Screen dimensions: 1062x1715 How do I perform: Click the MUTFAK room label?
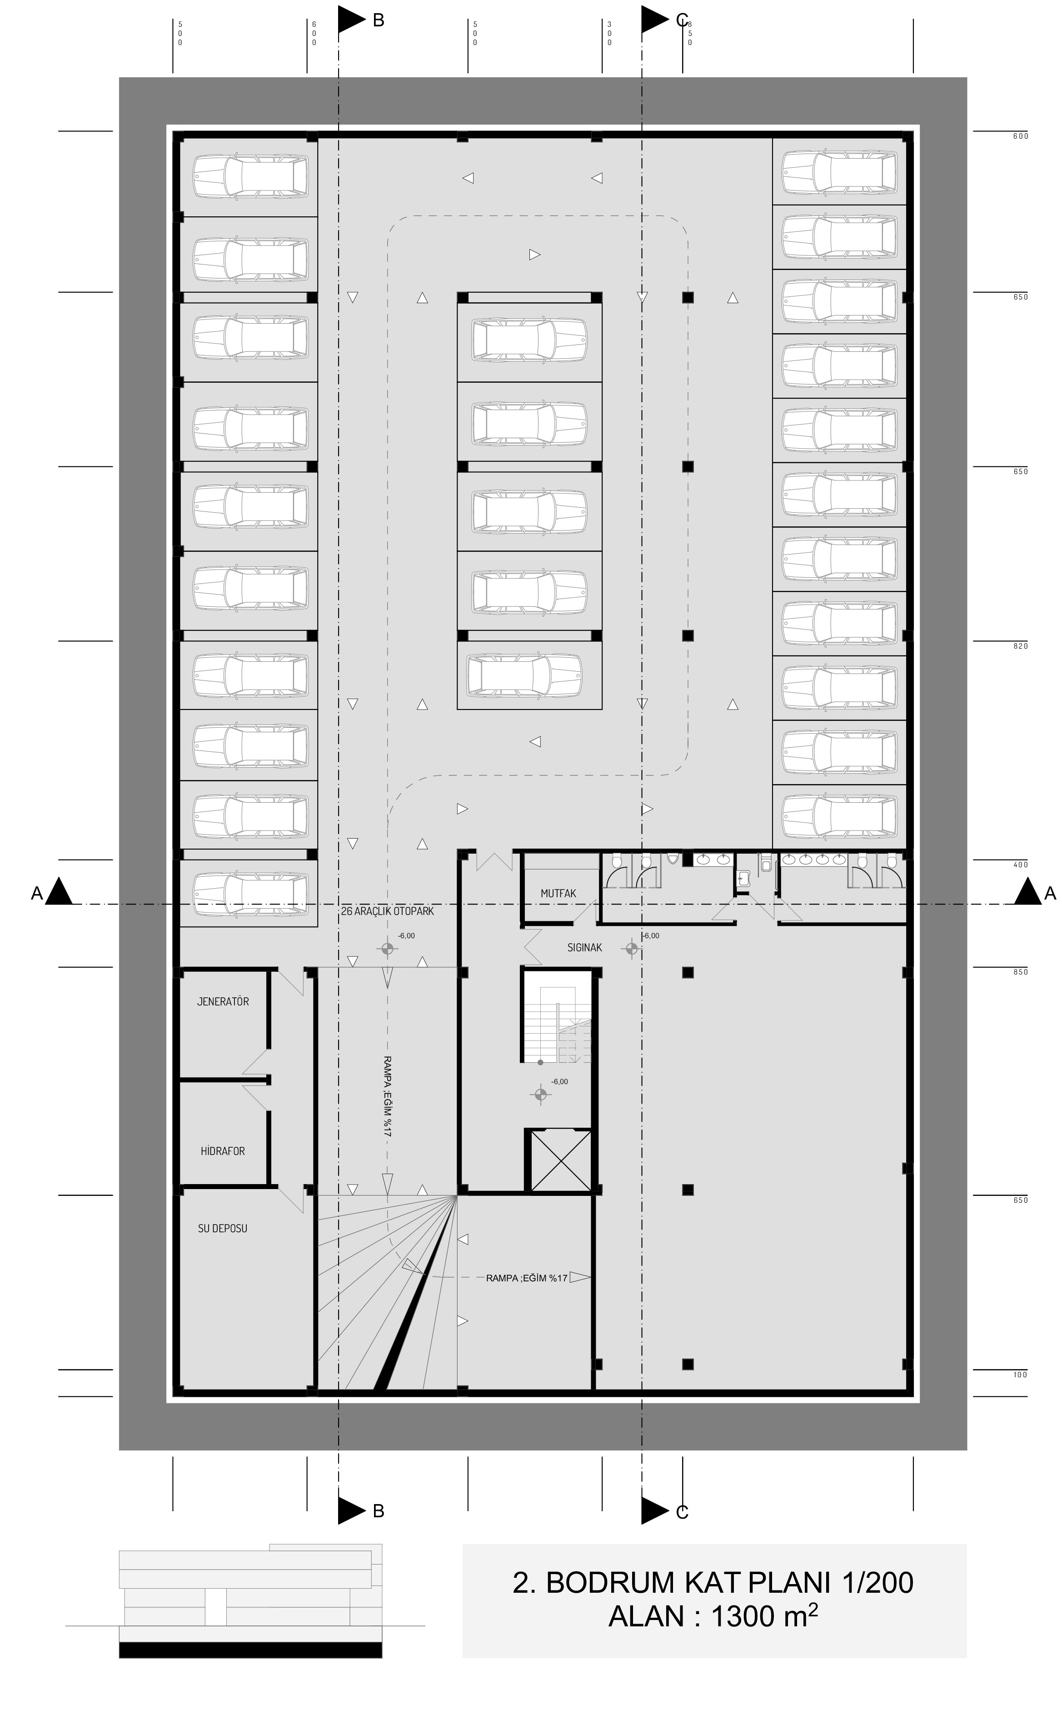pos(558,893)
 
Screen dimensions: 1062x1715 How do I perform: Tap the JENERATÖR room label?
pos(223,1001)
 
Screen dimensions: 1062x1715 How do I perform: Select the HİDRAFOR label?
pos(223,1151)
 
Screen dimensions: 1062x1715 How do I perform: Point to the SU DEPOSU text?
pos(223,1228)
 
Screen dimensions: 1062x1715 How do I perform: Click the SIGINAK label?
pos(585,947)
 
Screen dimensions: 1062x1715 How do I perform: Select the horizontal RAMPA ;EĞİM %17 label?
pos(527,1278)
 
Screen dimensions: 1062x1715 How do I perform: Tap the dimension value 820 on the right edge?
pos(1021,645)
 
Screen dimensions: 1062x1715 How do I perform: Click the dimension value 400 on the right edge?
pos(1021,864)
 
